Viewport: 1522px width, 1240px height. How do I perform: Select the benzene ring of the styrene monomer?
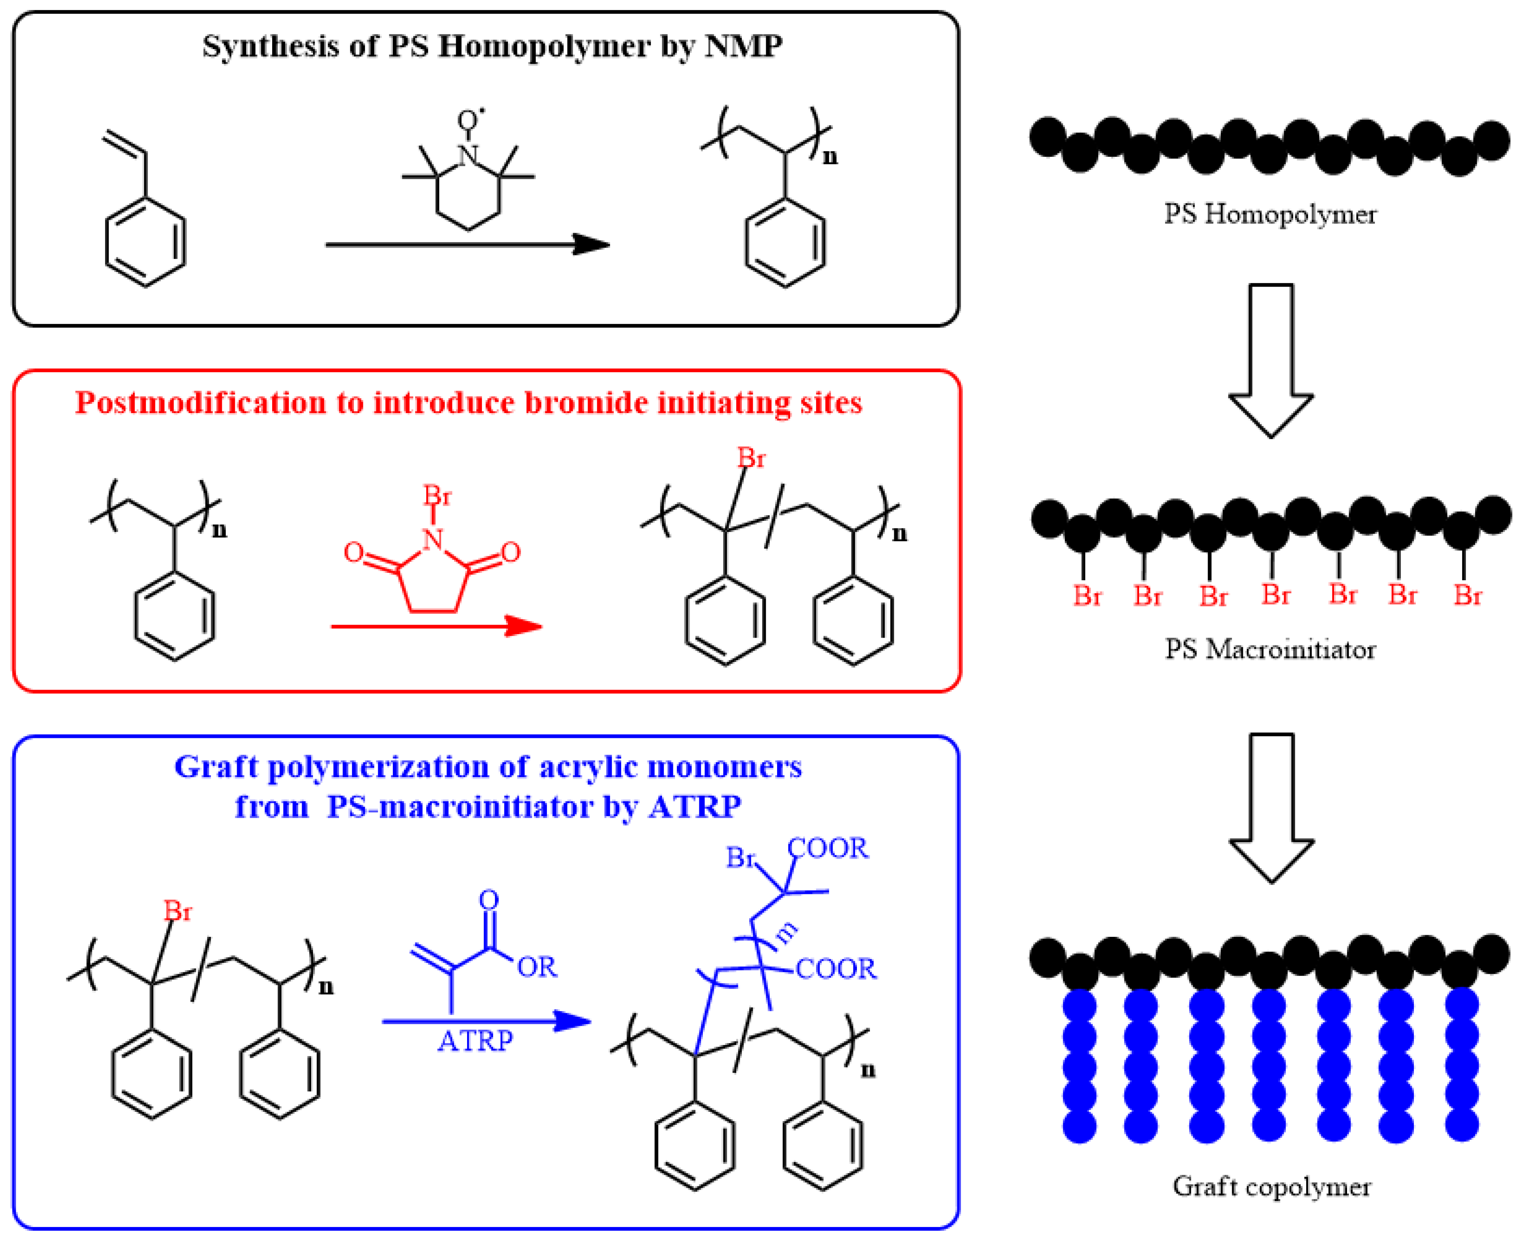point(145,243)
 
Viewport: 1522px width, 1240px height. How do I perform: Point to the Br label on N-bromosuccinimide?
point(437,495)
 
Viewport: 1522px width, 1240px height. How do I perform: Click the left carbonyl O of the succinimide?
point(353,552)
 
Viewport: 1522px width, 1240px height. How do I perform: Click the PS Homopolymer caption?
point(1269,214)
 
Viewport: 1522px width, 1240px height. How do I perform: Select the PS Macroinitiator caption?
point(1269,649)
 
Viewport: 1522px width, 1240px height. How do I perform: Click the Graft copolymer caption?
point(1271,1187)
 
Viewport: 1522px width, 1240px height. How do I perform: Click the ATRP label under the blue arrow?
point(475,1042)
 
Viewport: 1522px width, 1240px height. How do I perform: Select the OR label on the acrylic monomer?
point(537,967)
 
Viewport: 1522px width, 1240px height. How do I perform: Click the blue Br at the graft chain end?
point(740,857)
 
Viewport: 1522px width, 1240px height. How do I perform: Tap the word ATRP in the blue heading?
point(695,807)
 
